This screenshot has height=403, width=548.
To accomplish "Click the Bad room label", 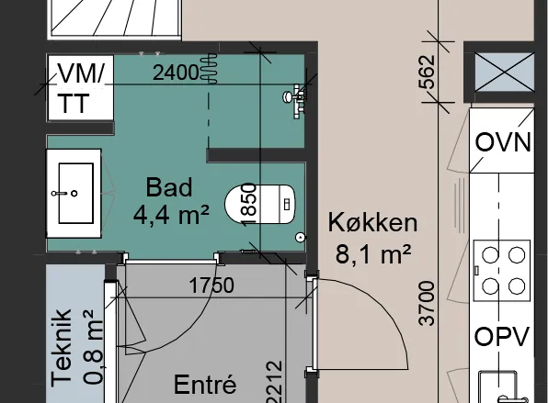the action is click(169, 187).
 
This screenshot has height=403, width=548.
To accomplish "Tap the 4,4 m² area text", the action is click(171, 215).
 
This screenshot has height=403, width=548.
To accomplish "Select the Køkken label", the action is click(372, 222).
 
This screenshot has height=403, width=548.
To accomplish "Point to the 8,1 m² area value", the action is click(373, 254).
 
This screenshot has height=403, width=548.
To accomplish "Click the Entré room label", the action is click(205, 384).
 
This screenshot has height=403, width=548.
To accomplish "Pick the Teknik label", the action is click(62, 348).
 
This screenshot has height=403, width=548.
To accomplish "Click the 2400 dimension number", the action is click(176, 73).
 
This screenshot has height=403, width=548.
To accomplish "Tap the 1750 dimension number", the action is click(211, 285).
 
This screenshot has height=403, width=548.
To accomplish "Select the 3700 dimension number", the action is click(427, 304).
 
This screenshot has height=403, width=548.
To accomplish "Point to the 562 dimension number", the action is click(427, 72).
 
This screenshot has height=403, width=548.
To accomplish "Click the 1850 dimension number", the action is click(249, 205).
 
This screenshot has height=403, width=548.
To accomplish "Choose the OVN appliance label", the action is click(503, 142).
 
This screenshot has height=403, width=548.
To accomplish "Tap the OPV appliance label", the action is click(501, 336).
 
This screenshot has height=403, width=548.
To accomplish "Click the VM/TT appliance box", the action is click(81, 87).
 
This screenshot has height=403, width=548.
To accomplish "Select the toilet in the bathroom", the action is click(260, 204).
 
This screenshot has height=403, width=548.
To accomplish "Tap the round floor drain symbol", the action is click(301, 237).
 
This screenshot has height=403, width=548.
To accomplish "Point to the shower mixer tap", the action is click(294, 101).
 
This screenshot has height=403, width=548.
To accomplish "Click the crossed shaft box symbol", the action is click(504, 72).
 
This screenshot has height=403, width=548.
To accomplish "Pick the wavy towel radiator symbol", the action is click(209, 68).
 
